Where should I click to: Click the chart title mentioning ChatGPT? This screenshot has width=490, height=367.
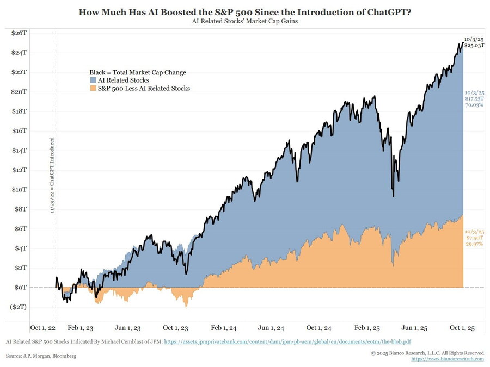245,12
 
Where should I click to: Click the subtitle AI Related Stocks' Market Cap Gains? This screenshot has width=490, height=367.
245,22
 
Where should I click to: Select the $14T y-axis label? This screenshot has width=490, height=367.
20,151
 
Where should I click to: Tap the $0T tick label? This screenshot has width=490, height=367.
21,288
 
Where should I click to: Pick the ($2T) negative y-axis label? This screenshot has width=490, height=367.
19,307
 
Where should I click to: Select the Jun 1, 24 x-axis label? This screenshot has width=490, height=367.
271,328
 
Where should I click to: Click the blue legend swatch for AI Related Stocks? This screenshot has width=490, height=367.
93,80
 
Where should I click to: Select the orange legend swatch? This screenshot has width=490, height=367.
93,88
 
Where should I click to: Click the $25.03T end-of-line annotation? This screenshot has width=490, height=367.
474,46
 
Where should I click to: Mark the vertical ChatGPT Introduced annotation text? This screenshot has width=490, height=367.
52,169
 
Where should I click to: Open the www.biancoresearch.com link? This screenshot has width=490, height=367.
448,359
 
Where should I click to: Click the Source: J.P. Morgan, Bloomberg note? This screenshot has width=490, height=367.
41,356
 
